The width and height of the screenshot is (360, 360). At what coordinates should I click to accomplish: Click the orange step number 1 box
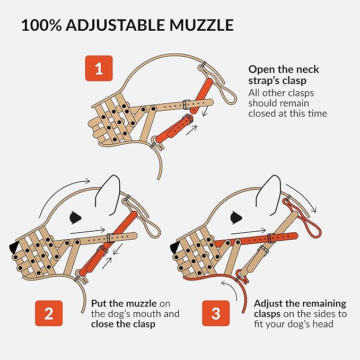99,68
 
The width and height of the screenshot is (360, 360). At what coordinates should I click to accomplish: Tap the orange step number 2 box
48,313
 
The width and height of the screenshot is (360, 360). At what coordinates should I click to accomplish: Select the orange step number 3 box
216,313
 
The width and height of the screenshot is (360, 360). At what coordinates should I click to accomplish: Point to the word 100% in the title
40,25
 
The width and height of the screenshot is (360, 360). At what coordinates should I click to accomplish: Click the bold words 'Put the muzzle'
124,303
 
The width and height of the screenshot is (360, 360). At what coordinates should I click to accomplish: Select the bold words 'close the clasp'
123,323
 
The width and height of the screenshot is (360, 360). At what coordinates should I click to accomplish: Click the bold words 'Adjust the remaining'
300,303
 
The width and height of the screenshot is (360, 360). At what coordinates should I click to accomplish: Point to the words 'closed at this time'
287,113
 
